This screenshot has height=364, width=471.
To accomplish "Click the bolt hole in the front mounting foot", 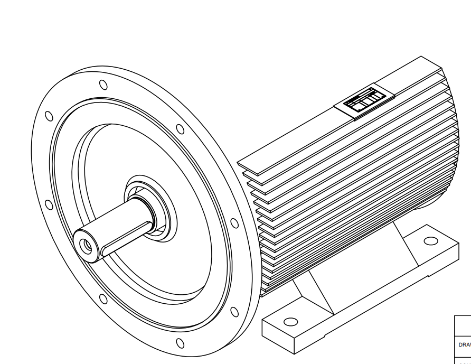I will coord(290,321).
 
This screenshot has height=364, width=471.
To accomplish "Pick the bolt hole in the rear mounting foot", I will coord(431,241).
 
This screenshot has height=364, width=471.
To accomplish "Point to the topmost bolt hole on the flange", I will coord(103,85).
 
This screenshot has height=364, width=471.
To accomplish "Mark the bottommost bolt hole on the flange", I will coord(180,344).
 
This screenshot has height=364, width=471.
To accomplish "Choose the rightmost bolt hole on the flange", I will coord(234,223).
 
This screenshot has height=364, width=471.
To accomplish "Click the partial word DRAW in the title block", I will coord(464,344).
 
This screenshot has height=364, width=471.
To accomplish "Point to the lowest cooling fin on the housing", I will coord(285,288).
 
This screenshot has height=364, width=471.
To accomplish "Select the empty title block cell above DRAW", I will coord(463,325).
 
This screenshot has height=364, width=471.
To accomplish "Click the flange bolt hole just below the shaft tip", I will coord(103,300).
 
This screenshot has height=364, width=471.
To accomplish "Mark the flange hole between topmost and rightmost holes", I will coord(180,129).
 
